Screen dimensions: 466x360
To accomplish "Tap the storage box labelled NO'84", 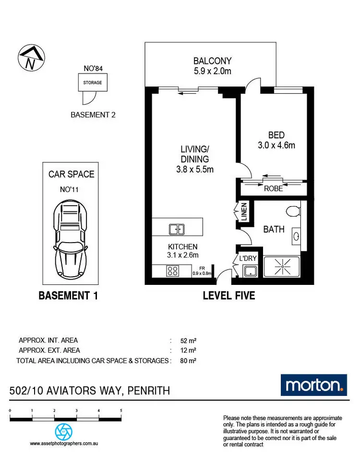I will coord(93,82).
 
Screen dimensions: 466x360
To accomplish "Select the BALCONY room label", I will coord(212,61).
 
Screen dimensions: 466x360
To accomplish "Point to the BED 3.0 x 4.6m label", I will coord(273,139).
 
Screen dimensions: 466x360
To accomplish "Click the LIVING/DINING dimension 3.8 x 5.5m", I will coord(194,169).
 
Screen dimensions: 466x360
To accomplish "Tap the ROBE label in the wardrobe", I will coord(274,189).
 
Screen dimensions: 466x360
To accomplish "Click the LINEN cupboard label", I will coord(244,213).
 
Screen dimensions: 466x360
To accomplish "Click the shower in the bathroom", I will coord(281,268).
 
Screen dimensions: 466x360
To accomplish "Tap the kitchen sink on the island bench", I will coord(177,230).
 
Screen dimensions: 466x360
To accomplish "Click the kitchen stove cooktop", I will coord(172,271).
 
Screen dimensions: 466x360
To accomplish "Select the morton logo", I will coord(313,385).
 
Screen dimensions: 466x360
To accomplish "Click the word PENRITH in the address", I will coord(148,391).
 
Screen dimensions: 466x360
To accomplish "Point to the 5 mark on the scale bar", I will coord(121,411).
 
